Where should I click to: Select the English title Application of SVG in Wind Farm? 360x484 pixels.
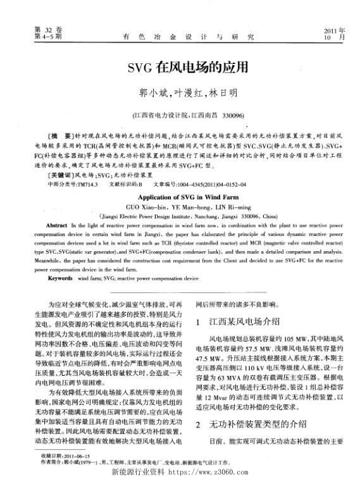pos(180,197)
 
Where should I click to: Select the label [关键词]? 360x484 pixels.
pos(61,173)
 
